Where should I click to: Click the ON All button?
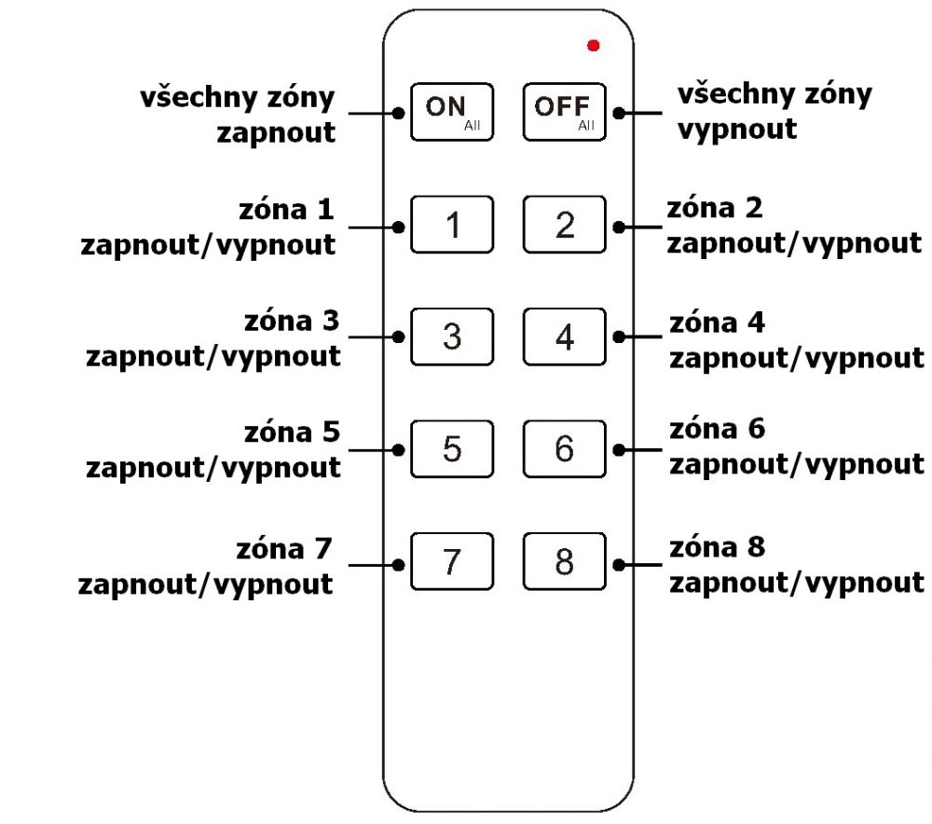pyautogui.click(x=452, y=112)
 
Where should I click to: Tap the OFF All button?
pyautogui.click(x=564, y=112)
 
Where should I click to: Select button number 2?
pyautogui.click(x=564, y=225)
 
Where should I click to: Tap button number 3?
pyautogui.click(x=452, y=336)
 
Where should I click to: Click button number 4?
pyautogui.click(x=564, y=336)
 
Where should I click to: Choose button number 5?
pyautogui.click(x=452, y=449)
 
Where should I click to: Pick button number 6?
pyautogui.click(x=564, y=449)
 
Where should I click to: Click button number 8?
pyautogui.click(x=564, y=562)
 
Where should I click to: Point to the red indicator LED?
pyautogui.click(x=594, y=45)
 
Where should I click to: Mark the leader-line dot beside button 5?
pyautogui.click(x=399, y=449)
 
